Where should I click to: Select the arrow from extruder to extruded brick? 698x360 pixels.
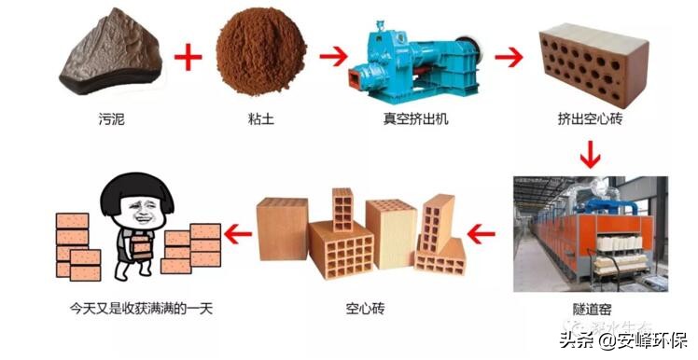point(507,57)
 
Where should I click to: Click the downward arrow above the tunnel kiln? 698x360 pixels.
point(590,153)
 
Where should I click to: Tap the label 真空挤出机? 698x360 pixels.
point(415,120)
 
